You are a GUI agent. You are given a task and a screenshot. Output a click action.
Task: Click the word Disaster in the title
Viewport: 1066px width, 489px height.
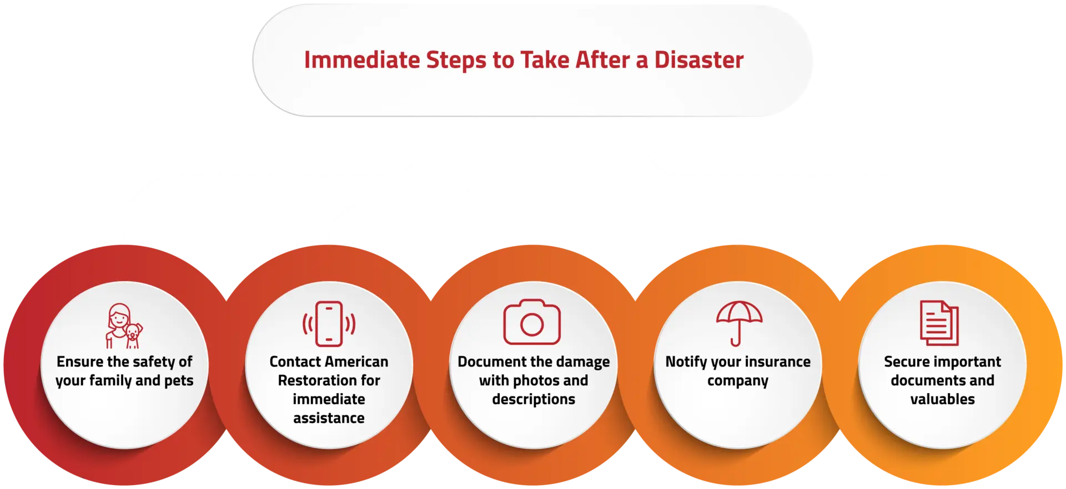[x=698, y=60]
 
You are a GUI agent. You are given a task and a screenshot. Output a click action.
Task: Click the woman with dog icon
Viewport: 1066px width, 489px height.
[x=124, y=326]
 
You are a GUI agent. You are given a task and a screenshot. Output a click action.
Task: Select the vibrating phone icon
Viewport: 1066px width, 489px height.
[x=329, y=324]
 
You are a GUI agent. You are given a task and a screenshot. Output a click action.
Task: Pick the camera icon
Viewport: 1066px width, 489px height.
[x=532, y=323]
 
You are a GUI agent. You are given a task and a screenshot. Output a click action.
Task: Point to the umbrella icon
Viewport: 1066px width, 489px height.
[x=738, y=323]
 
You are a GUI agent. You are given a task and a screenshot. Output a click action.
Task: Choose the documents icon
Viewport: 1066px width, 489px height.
[x=939, y=323]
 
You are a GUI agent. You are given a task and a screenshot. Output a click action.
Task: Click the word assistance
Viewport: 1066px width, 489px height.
[x=329, y=418]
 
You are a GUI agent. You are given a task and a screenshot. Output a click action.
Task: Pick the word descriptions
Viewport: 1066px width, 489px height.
[x=534, y=399]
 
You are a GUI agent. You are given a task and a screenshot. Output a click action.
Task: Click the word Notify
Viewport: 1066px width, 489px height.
[x=686, y=362]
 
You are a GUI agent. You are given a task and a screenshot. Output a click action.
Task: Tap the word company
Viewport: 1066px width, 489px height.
[x=738, y=381]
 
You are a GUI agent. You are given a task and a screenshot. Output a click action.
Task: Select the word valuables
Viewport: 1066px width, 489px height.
[x=942, y=399]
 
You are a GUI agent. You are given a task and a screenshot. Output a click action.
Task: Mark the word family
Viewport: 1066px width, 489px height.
[x=103, y=381]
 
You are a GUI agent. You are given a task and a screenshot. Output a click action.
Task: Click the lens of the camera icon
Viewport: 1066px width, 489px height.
[x=532, y=325]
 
